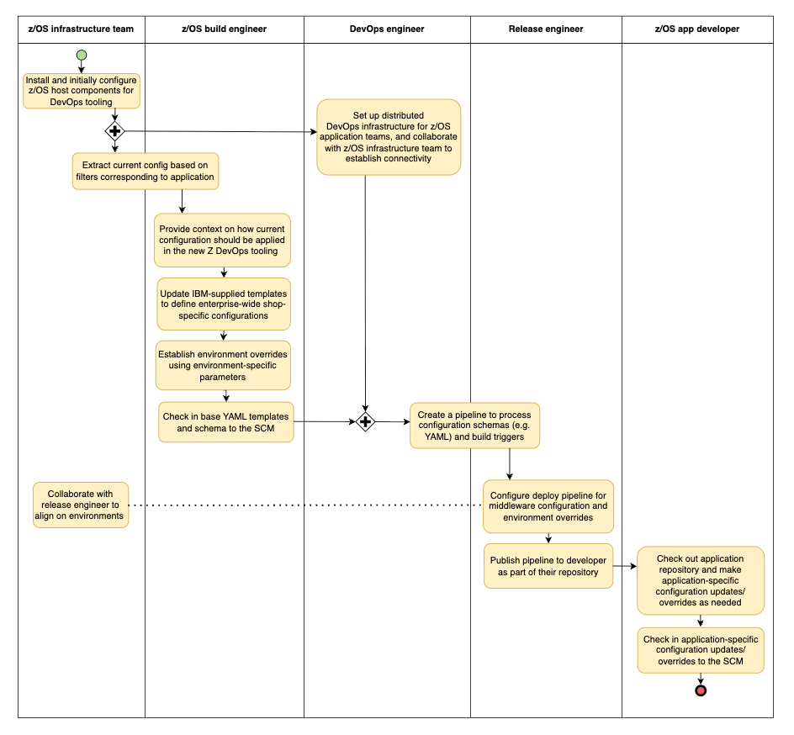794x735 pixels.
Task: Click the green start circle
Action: (81, 56)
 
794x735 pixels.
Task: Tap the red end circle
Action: (700, 690)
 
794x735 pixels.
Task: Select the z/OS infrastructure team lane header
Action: (81, 29)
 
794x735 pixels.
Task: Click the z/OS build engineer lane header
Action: (224, 29)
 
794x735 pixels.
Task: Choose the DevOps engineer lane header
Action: (387, 29)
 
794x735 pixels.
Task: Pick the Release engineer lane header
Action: (546, 29)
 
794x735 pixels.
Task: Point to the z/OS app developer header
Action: (696, 29)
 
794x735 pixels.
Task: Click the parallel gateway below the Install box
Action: (114, 130)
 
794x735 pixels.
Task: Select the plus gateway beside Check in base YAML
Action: (365, 421)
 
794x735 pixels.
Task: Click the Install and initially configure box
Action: (81, 91)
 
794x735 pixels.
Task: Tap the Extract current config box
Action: (146, 171)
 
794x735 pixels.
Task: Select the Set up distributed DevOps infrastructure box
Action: (389, 137)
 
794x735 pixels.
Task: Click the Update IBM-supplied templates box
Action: (224, 304)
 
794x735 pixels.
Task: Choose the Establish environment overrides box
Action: (224, 366)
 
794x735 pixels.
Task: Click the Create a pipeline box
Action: (475, 425)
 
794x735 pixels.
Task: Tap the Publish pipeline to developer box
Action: (548, 565)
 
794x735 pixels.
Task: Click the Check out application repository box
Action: (700, 579)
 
